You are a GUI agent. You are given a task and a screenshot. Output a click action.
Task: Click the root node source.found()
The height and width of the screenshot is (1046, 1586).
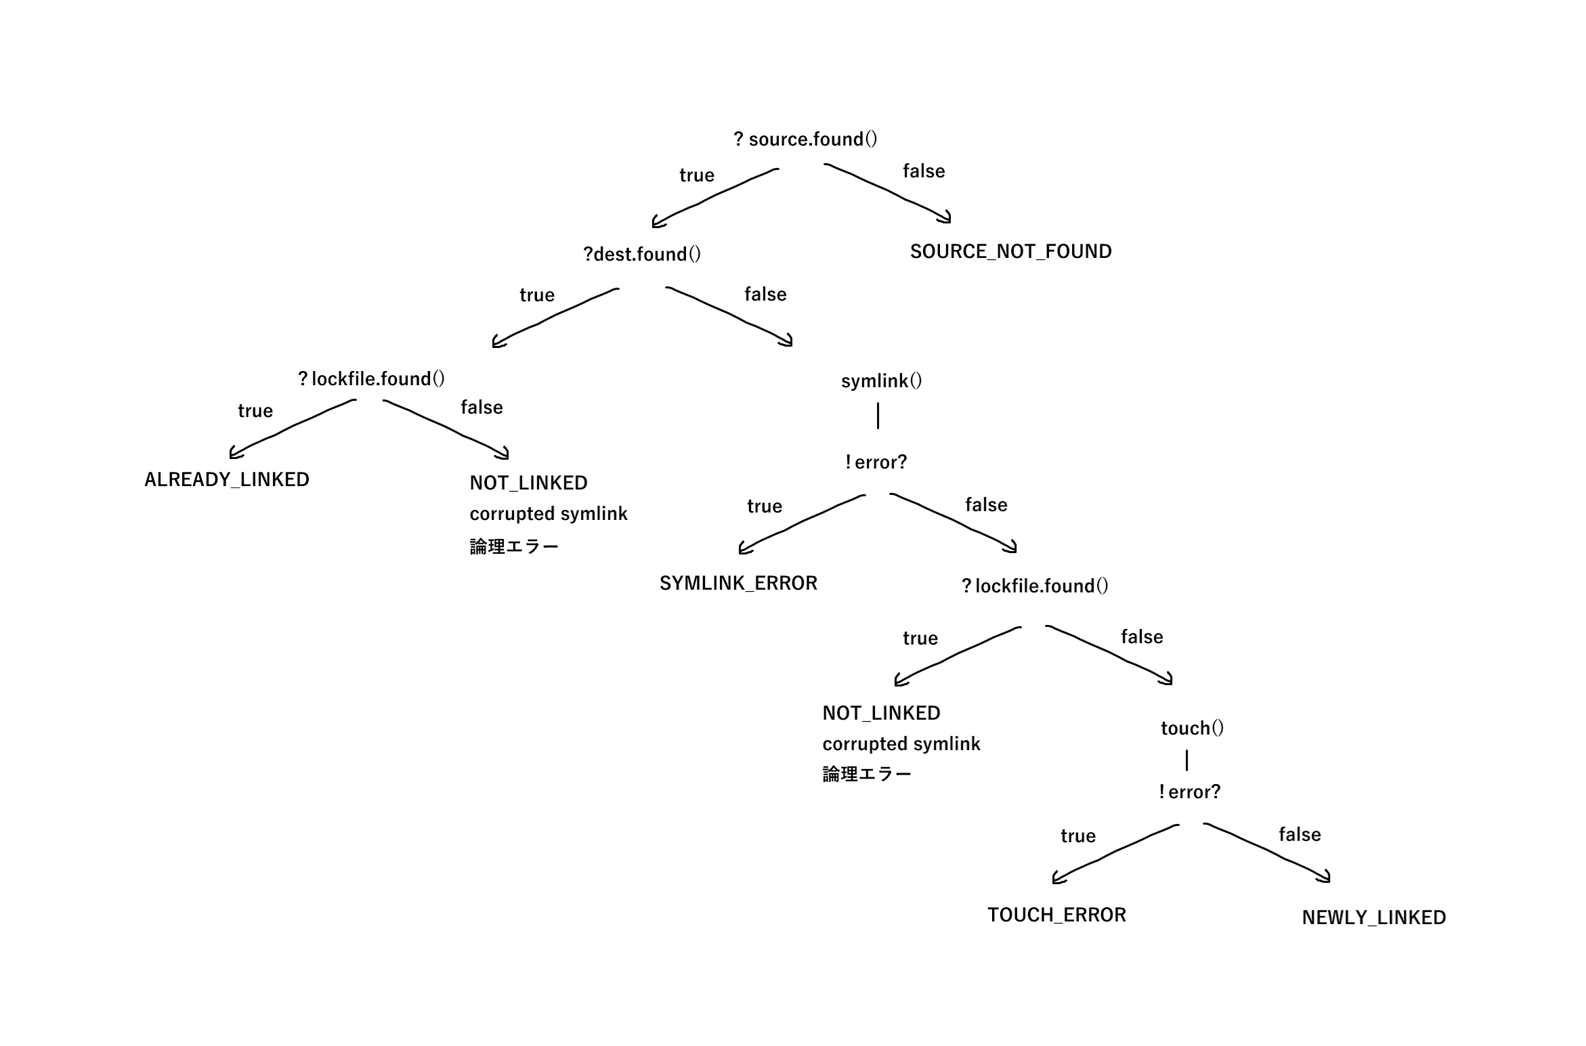tap(805, 139)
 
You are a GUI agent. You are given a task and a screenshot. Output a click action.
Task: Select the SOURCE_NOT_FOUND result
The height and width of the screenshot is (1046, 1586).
tap(1010, 252)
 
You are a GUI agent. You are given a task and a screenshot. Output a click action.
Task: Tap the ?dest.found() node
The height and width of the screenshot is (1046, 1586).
tap(642, 255)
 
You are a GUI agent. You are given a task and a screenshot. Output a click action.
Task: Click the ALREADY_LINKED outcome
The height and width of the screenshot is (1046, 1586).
tap(227, 480)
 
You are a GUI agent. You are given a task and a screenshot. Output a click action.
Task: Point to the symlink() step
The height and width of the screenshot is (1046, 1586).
tap(881, 381)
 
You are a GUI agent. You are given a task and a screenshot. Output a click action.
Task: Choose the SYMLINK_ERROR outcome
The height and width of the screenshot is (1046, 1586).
tap(738, 584)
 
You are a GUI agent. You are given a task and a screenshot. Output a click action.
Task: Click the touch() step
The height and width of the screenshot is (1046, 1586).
tap(1192, 728)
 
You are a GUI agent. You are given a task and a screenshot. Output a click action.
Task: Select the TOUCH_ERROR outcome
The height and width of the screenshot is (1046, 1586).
tap(1056, 915)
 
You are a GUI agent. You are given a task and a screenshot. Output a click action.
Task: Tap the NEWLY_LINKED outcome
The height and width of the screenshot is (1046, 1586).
tap(1373, 918)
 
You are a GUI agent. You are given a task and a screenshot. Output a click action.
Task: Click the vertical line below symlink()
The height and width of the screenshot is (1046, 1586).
tap(878, 416)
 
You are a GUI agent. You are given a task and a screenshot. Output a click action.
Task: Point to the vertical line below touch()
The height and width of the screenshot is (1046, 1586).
tap(1187, 760)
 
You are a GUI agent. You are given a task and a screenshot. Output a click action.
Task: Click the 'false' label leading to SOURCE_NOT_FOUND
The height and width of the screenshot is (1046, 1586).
tap(924, 171)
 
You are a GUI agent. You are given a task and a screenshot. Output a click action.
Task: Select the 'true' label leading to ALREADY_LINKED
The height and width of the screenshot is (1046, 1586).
tap(255, 411)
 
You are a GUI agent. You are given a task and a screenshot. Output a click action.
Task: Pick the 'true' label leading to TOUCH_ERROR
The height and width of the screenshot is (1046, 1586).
tap(1078, 836)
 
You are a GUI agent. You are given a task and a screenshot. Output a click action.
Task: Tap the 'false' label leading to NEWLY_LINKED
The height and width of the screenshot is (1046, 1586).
tap(1300, 835)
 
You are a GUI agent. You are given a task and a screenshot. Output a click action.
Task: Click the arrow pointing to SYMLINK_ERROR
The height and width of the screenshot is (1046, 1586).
tap(799, 522)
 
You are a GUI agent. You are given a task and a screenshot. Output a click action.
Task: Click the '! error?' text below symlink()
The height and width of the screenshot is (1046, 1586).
tap(876, 462)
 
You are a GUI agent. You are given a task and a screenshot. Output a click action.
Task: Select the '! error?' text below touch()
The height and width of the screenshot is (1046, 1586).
tap(1189, 792)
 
